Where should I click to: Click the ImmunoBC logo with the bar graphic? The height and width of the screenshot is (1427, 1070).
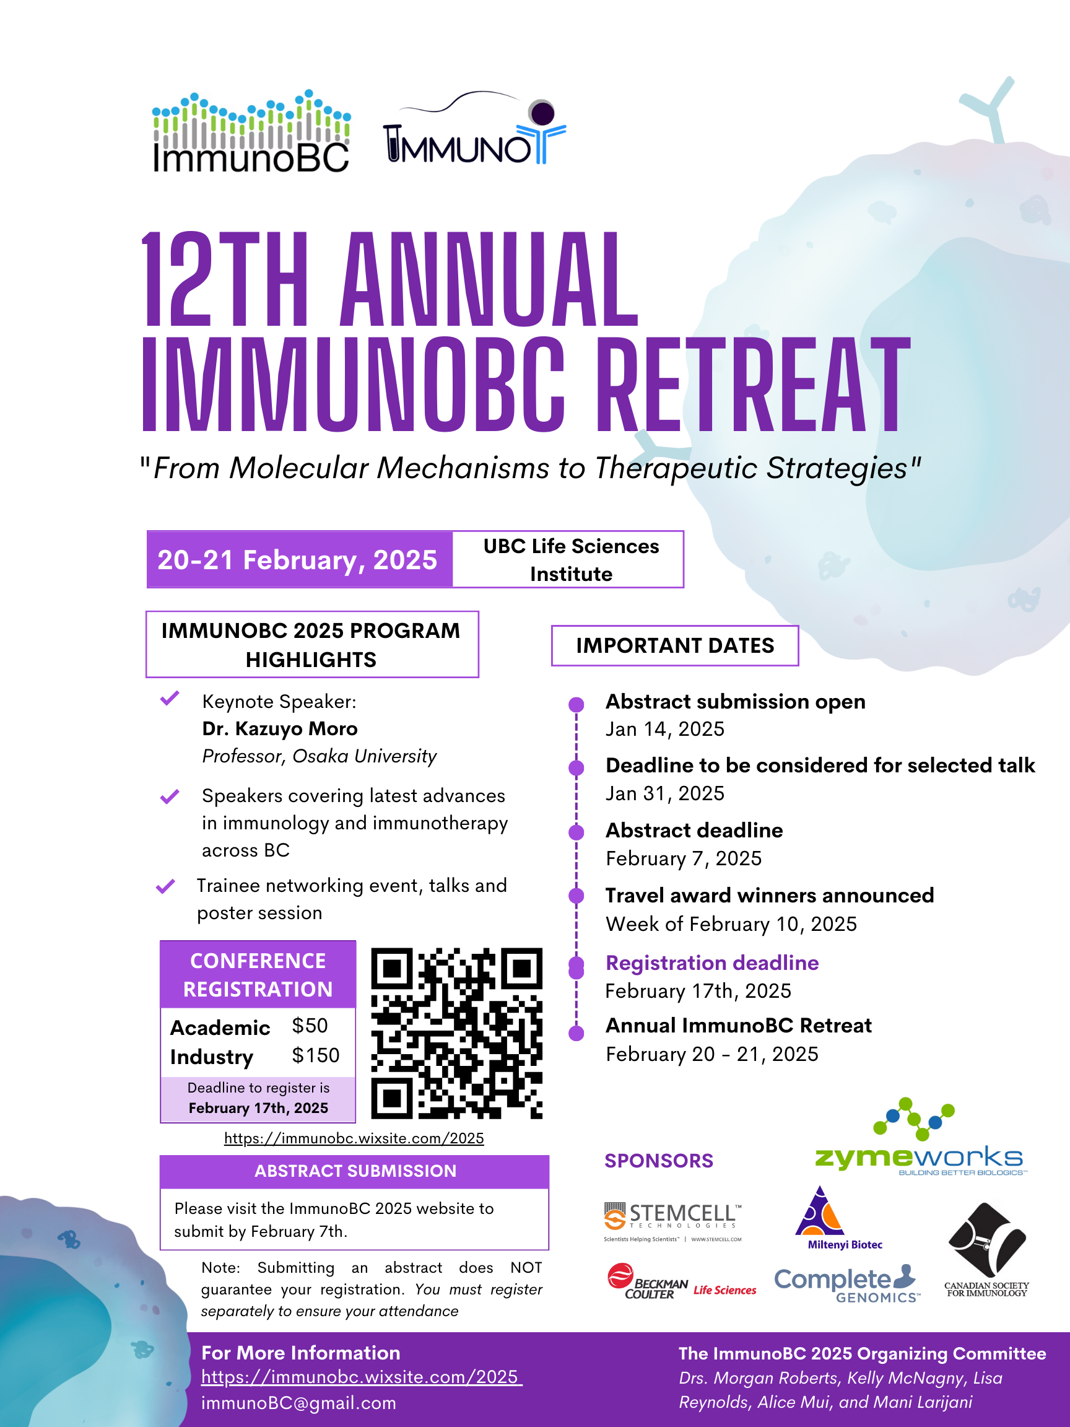(x=251, y=131)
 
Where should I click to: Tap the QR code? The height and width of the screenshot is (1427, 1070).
(x=456, y=1034)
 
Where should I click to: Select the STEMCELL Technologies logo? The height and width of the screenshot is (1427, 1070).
(x=672, y=1221)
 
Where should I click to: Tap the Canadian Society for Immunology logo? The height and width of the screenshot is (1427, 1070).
(x=987, y=1250)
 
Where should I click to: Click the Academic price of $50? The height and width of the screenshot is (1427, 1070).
(x=310, y=1026)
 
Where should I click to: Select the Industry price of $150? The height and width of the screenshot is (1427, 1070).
(x=315, y=1055)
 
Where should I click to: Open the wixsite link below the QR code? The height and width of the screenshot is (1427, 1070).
(x=354, y=1138)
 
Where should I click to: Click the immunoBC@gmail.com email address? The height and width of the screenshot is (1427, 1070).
(x=298, y=1403)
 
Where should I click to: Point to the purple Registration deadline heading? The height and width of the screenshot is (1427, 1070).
(x=712, y=962)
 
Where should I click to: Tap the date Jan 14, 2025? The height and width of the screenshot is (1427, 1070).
(x=665, y=729)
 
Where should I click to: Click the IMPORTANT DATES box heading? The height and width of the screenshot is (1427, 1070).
(x=675, y=646)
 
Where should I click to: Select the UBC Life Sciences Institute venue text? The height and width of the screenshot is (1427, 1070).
(x=572, y=559)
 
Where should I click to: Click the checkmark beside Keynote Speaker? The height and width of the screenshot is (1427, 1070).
(x=170, y=698)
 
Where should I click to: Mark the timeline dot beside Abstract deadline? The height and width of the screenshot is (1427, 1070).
(x=576, y=832)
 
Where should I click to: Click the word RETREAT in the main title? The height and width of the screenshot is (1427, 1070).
(x=754, y=385)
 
